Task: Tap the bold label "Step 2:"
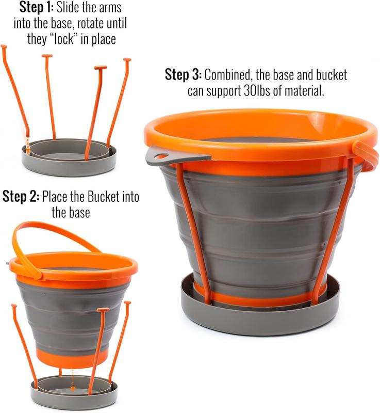[x=21, y=196]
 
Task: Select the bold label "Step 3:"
[x=183, y=75]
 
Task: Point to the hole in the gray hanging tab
[x=160, y=155]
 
